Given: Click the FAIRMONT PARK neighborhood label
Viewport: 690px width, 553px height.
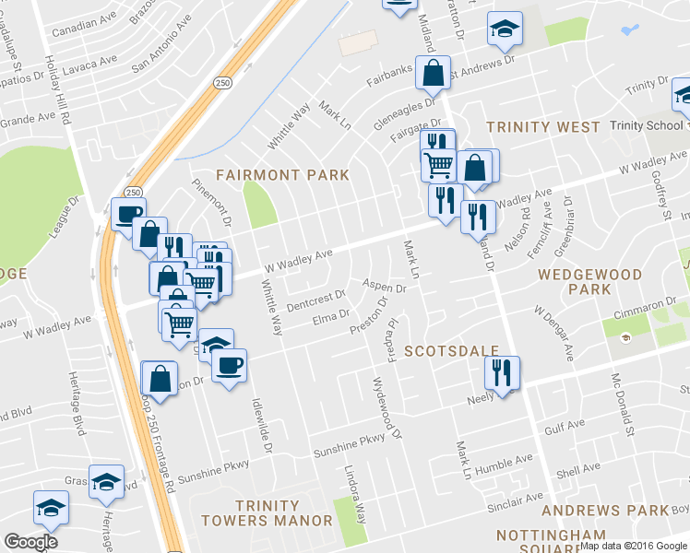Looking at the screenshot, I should click(x=282, y=174).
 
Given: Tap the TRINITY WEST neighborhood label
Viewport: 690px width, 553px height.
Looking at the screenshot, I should click(x=529, y=127).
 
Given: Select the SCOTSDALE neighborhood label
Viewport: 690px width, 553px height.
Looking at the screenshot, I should click(x=451, y=351).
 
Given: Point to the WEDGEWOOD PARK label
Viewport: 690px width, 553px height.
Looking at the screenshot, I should click(x=589, y=282).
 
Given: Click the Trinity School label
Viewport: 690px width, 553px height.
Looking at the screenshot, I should click(x=647, y=126).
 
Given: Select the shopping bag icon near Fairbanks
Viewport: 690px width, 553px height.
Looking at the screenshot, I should click(x=432, y=72).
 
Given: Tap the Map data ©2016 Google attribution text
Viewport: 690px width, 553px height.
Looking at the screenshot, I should click(x=634, y=546).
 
